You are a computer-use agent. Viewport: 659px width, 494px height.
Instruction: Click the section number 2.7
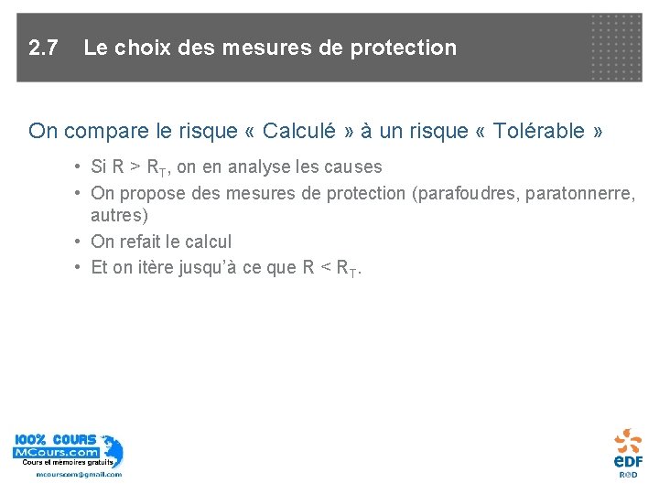tap(43, 48)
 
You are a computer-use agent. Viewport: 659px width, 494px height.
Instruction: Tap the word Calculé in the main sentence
tap(300, 131)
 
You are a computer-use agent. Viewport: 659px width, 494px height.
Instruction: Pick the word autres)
tap(119, 217)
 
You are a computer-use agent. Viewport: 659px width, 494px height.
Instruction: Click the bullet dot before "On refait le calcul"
tap(80, 242)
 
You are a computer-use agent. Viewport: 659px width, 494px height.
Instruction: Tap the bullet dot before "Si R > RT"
tap(80, 167)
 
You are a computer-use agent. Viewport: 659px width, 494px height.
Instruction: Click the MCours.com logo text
tap(55, 453)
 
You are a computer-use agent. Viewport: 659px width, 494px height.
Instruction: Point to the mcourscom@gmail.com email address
tap(79, 474)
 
